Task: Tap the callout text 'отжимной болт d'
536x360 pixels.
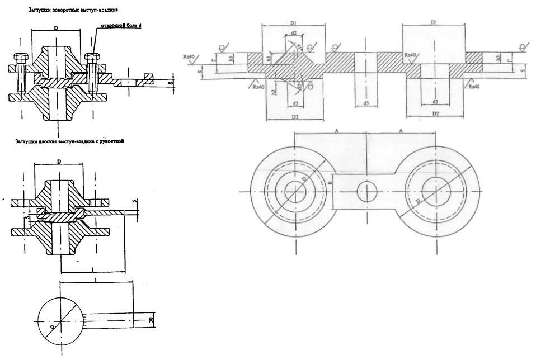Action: pyautogui.click(x=118, y=26)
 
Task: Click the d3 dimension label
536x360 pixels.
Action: pyautogui.click(x=365, y=104)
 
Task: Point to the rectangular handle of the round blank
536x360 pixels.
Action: pyautogui.click(x=110, y=320)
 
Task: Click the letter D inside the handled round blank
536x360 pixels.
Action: pyautogui.click(x=52, y=326)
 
